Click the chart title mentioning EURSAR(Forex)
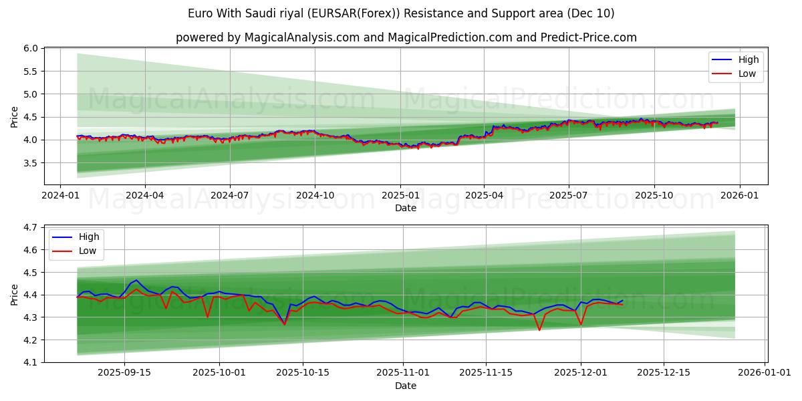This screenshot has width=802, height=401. coord(401,13)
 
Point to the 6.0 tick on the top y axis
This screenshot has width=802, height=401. coord(31,49)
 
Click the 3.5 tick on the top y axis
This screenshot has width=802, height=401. coord(31,163)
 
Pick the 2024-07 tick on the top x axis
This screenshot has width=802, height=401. coord(230,194)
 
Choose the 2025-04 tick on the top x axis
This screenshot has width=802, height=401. coord(484,194)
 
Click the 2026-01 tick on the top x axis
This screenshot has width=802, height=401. coord(739,194)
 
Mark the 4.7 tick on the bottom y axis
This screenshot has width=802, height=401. coord(31,228)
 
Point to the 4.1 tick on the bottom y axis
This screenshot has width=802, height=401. coord(31,362)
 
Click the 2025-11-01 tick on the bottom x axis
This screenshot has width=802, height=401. coord(403,373)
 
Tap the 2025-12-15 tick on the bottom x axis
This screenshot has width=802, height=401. coord(664,373)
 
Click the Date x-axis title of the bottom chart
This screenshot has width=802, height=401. coord(406,386)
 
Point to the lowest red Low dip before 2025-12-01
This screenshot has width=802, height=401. coord(539,329)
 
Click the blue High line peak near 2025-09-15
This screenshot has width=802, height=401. coord(136,280)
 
